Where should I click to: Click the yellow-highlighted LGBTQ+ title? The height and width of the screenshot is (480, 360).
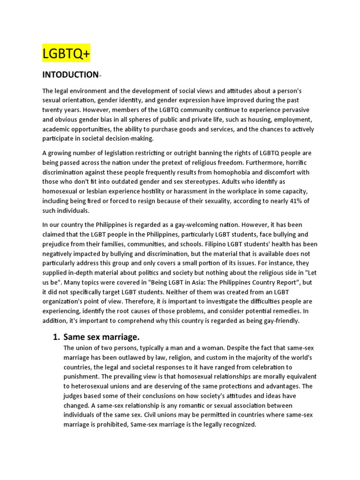coord(66,55)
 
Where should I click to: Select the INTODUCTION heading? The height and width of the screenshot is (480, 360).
coord(70,75)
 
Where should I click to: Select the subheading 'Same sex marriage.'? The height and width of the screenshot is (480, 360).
coord(102,337)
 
